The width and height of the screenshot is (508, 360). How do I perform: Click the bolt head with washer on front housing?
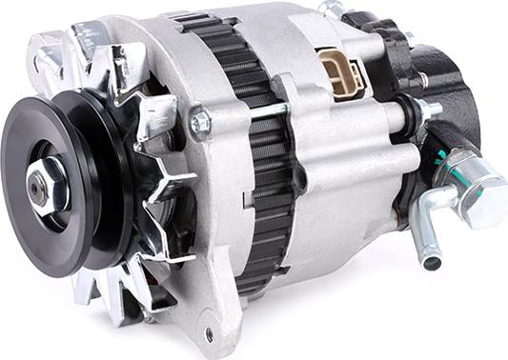coord(200,122)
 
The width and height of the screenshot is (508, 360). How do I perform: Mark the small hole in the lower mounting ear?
coord(209,334)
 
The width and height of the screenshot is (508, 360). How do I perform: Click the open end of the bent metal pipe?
coord(432,259)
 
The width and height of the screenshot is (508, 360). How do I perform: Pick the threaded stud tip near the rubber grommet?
coord(435,108)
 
